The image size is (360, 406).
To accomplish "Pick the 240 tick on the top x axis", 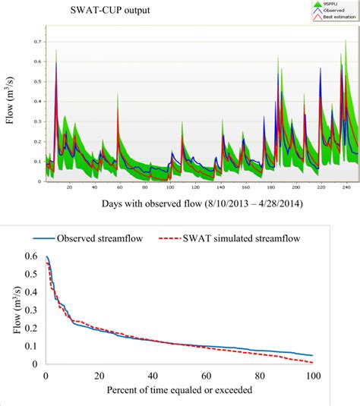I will coord(345,187).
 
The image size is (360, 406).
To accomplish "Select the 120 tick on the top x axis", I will coord(194,187).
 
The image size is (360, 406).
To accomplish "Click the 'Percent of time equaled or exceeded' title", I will coord(177,392).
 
